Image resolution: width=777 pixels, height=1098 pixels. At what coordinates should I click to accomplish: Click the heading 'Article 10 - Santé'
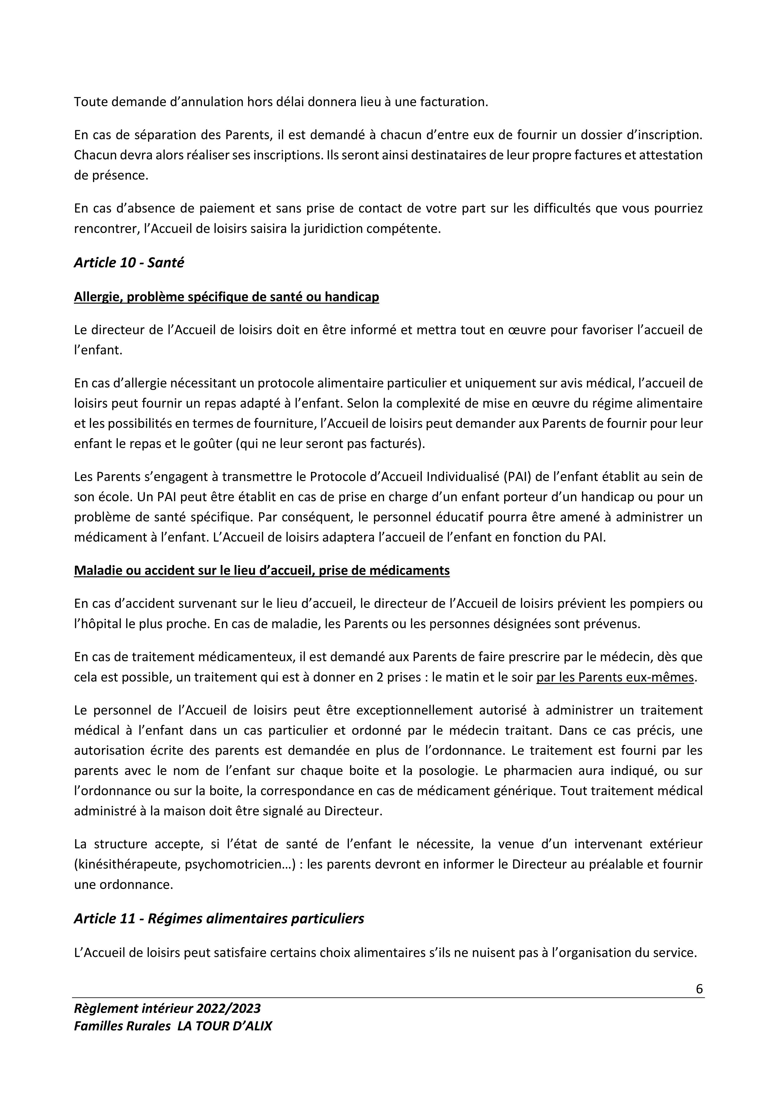129,263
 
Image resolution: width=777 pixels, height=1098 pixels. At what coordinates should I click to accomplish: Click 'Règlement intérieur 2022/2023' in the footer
168,1008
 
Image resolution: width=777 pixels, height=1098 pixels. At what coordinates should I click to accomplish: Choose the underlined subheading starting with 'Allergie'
226,297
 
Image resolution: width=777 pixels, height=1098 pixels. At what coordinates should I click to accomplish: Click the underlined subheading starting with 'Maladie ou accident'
262,571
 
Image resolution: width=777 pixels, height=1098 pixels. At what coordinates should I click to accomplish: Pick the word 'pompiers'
658,603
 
